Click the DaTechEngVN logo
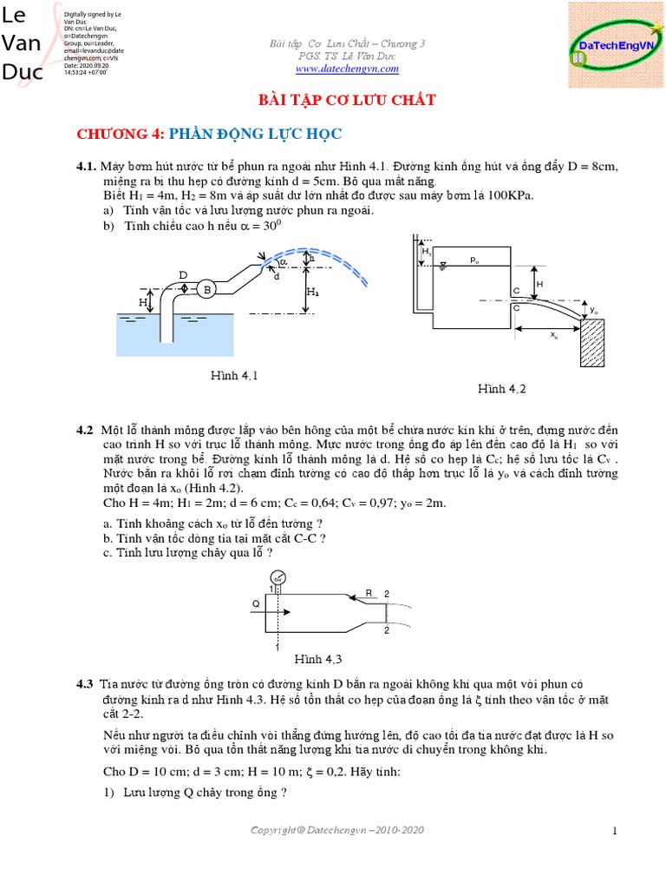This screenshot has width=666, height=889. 615,45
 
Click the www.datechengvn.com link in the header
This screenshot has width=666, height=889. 348,69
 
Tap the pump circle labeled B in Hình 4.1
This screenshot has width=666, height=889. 207,290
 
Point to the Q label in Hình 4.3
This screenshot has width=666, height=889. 256,601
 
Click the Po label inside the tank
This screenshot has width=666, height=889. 474,259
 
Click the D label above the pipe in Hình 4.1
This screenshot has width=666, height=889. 183,275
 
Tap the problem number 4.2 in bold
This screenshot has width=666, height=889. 84,430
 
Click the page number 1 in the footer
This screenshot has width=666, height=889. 615,831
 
